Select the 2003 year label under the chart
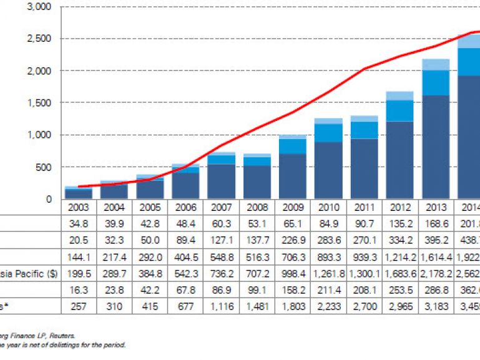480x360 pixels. click(x=78, y=208)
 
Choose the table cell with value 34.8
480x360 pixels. click(x=78, y=224)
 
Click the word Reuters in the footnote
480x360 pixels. click(x=63, y=336)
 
